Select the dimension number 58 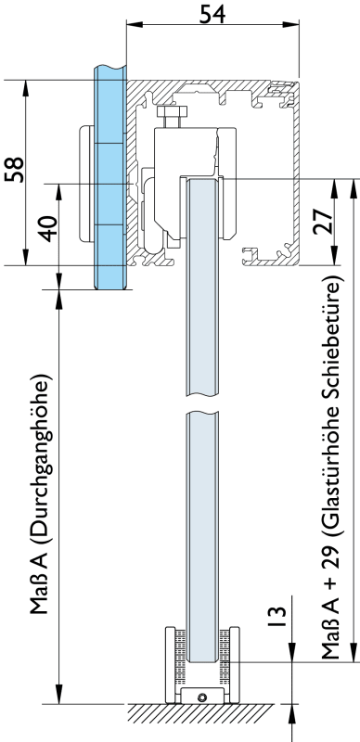point(14,170)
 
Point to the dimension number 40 point(47,228)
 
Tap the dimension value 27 point(323,221)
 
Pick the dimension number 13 point(277,617)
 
